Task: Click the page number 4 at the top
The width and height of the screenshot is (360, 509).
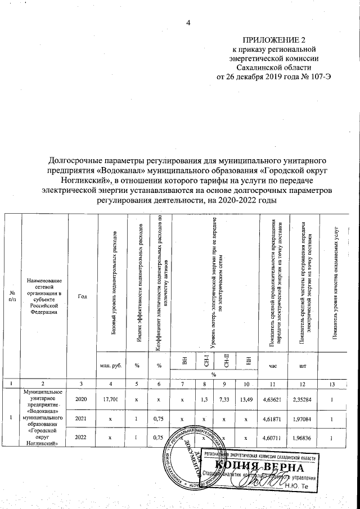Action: (189, 22)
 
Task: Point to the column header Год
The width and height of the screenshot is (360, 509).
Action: (82, 296)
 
